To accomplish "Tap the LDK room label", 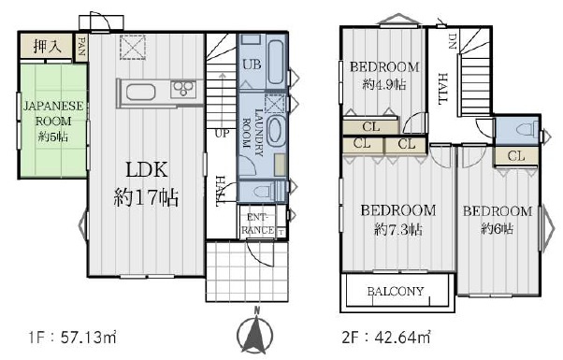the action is pos(147,170).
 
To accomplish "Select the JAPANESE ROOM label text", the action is pos(53,113).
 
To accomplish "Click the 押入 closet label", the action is pos(48,46).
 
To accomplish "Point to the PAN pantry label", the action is pos(81,46).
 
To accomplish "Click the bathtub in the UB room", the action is pos(276,63).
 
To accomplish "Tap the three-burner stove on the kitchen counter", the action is pos(183,88).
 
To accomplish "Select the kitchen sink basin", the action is pos(140,93).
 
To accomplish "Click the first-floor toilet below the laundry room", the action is pos(266,191).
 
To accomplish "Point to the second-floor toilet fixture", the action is pos(527,129).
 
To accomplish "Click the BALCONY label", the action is pos(396,291).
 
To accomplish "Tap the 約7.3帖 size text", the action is pos(398,229).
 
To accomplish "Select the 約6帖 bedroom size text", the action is pos(498,228).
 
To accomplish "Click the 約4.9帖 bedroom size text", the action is pos(384,84).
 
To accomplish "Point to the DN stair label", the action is pos(452,40).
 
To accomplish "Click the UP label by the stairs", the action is pos(222,133).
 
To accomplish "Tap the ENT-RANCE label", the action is pos(258,223).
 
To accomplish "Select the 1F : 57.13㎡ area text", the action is pos(73,338).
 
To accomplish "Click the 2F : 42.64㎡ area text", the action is pos(386,338).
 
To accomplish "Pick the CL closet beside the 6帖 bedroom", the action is pos(516,156).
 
